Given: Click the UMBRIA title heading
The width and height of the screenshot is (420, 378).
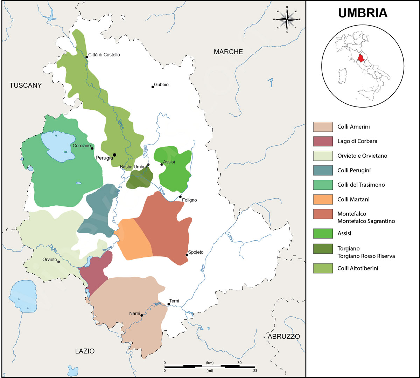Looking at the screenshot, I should click(x=363, y=13).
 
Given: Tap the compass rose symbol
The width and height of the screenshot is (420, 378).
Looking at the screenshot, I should click(x=287, y=19).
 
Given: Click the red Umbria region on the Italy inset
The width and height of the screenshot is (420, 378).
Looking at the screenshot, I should click(x=361, y=57).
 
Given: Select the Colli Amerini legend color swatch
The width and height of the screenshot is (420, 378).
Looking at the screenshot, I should click(x=323, y=127).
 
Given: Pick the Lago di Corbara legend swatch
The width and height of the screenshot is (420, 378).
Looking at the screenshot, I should click(x=323, y=141).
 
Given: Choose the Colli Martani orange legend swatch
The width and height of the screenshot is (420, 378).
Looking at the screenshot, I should click(x=323, y=199).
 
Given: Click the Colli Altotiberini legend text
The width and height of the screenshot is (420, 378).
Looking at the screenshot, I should click(x=358, y=268).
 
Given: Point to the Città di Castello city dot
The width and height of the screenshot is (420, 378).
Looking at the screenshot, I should click(x=86, y=57).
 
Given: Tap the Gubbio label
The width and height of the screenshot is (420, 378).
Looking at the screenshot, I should click(x=161, y=85).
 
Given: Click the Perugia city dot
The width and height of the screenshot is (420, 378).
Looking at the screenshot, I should click(x=114, y=154).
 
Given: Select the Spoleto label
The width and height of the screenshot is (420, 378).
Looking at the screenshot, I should click(x=196, y=252).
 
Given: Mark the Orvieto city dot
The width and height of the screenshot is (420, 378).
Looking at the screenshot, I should click(x=58, y=262).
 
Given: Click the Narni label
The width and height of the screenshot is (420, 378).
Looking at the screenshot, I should click(x=134, y=314).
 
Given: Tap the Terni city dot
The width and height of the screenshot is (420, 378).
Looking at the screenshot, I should click(x=168, y=304).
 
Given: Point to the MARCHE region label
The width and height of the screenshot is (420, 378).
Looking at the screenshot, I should click(x=228, y=52).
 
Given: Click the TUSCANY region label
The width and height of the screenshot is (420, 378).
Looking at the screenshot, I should click(x=26, y=85).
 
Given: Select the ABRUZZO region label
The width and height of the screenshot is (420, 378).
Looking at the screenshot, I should click(x=283, y=337).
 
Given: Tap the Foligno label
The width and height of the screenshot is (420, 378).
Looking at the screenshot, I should click(x=189, y=200).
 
